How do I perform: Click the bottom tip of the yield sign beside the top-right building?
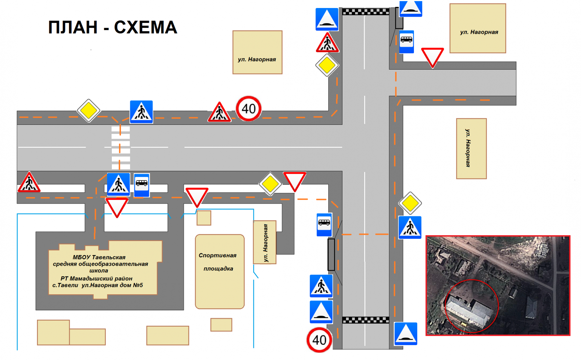(432, 68)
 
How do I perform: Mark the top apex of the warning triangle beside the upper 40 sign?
(219, 102)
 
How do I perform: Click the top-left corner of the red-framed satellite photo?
(426, 236)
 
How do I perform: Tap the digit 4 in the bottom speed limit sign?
(316, 340)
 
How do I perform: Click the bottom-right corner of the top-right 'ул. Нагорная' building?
(506, 53)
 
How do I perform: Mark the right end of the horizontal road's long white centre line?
(342, 147)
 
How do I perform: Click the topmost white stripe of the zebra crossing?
(121, 129)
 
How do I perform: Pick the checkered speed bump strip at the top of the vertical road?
(366, 11)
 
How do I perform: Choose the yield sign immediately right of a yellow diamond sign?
(294, 182)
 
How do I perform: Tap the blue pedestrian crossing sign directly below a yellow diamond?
(410, 227)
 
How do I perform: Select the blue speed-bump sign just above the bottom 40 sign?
(321, 312)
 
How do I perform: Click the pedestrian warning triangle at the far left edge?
(29, 182)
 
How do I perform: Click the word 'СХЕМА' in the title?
(146, 28)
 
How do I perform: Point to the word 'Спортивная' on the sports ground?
(218, 255)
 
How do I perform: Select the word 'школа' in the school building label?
(98, 271)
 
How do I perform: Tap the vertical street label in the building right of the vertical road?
(468, 148)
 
